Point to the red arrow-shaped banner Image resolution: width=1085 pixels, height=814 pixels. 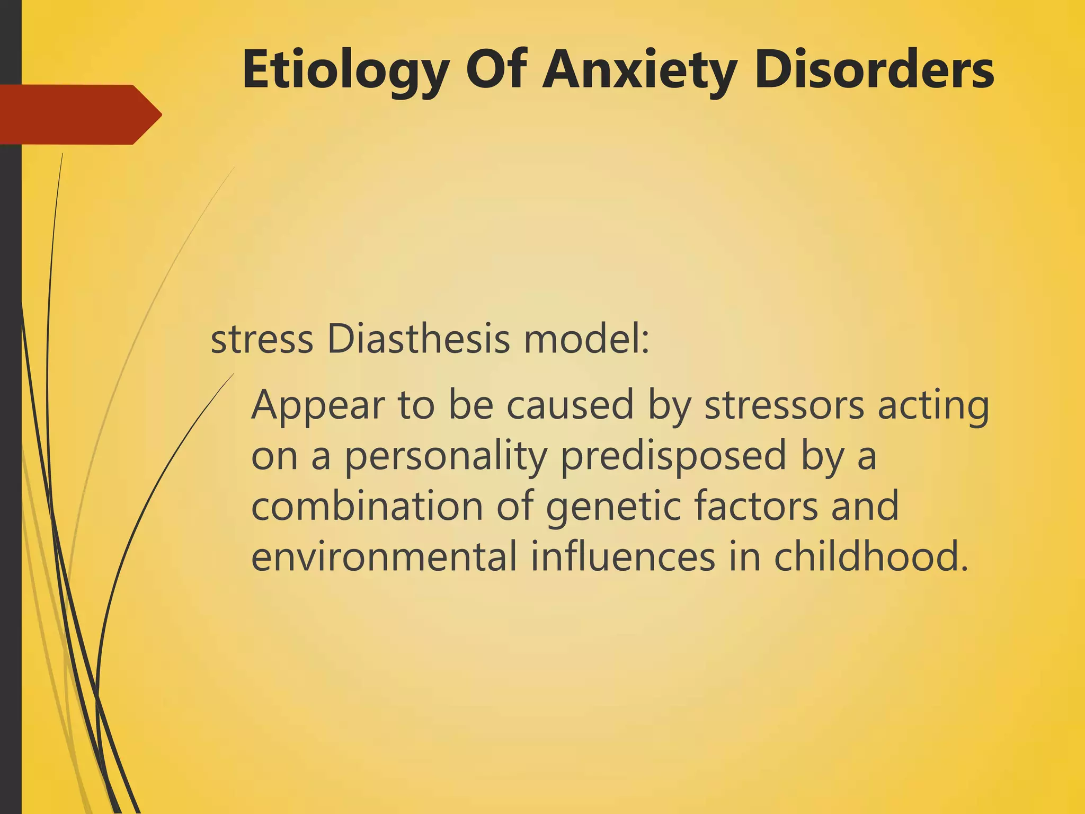point(79,114)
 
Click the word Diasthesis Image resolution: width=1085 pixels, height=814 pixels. point(419,339)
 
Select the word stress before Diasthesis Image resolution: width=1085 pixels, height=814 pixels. point(262,340)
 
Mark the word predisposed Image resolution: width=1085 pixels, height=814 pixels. point(673,457)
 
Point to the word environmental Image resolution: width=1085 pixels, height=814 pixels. point(384,557)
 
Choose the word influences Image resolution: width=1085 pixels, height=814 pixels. point(623,557)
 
